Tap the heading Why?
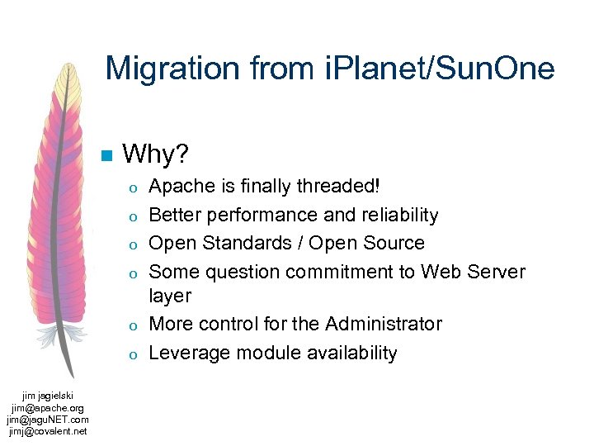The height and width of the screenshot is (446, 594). coord(155,154)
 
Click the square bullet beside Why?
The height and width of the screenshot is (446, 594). coord(105,155)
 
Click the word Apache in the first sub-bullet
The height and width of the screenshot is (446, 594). coord(179,187)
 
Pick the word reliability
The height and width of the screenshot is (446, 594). coord(398,215)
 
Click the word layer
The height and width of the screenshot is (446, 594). coord(170,296)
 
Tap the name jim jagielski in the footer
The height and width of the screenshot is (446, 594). coord(47,396)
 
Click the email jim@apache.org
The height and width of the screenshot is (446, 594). coord(47,407)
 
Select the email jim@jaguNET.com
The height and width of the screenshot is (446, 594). coord(47,419)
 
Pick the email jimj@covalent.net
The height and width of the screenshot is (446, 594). coord(47,430)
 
